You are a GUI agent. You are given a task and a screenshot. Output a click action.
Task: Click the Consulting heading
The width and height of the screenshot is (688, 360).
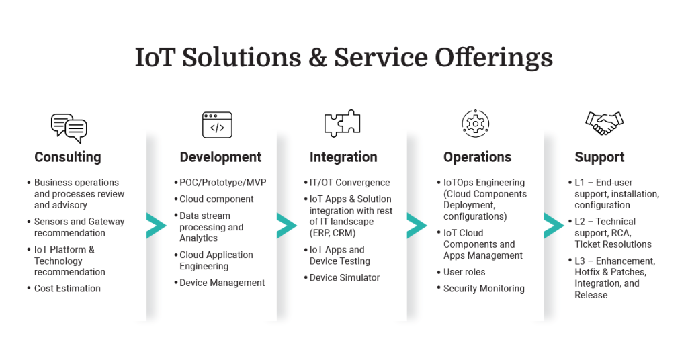pos(68,157)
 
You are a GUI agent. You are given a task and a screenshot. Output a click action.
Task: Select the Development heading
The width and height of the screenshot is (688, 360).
pos(220,157)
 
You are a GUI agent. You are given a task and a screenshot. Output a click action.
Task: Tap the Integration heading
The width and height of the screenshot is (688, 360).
pos(343,157)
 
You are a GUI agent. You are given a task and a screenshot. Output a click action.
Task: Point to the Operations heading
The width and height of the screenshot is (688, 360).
pos(477,157)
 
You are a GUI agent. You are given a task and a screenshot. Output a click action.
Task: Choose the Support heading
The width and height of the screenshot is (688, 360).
pos(599,157)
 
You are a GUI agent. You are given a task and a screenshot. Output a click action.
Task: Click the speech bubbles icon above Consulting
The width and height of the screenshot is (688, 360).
pos(69,127)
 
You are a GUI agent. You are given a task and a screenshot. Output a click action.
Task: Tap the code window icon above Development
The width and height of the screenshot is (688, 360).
pos(217,126)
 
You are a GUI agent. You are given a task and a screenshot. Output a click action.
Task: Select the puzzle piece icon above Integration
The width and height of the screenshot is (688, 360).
pos(342,124)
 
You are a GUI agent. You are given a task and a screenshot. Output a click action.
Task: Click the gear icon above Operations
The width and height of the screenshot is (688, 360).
pos(476,124)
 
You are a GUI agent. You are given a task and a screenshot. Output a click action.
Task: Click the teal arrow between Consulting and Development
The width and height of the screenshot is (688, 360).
pos(155,226)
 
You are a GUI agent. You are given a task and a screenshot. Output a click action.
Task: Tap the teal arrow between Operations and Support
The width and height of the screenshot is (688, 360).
pos(553,226)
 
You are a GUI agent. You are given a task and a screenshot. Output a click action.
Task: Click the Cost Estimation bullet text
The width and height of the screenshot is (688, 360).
pos(67,289)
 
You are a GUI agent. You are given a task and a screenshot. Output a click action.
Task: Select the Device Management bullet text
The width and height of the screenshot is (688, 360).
pos(222,283)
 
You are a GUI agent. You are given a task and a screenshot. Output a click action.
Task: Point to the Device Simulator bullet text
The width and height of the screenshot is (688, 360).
pos(345,278)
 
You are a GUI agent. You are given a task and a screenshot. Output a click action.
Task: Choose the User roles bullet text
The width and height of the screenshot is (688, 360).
pos(464,272)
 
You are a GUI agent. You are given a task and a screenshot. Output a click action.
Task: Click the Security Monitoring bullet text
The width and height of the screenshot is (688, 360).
pos(484,289)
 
